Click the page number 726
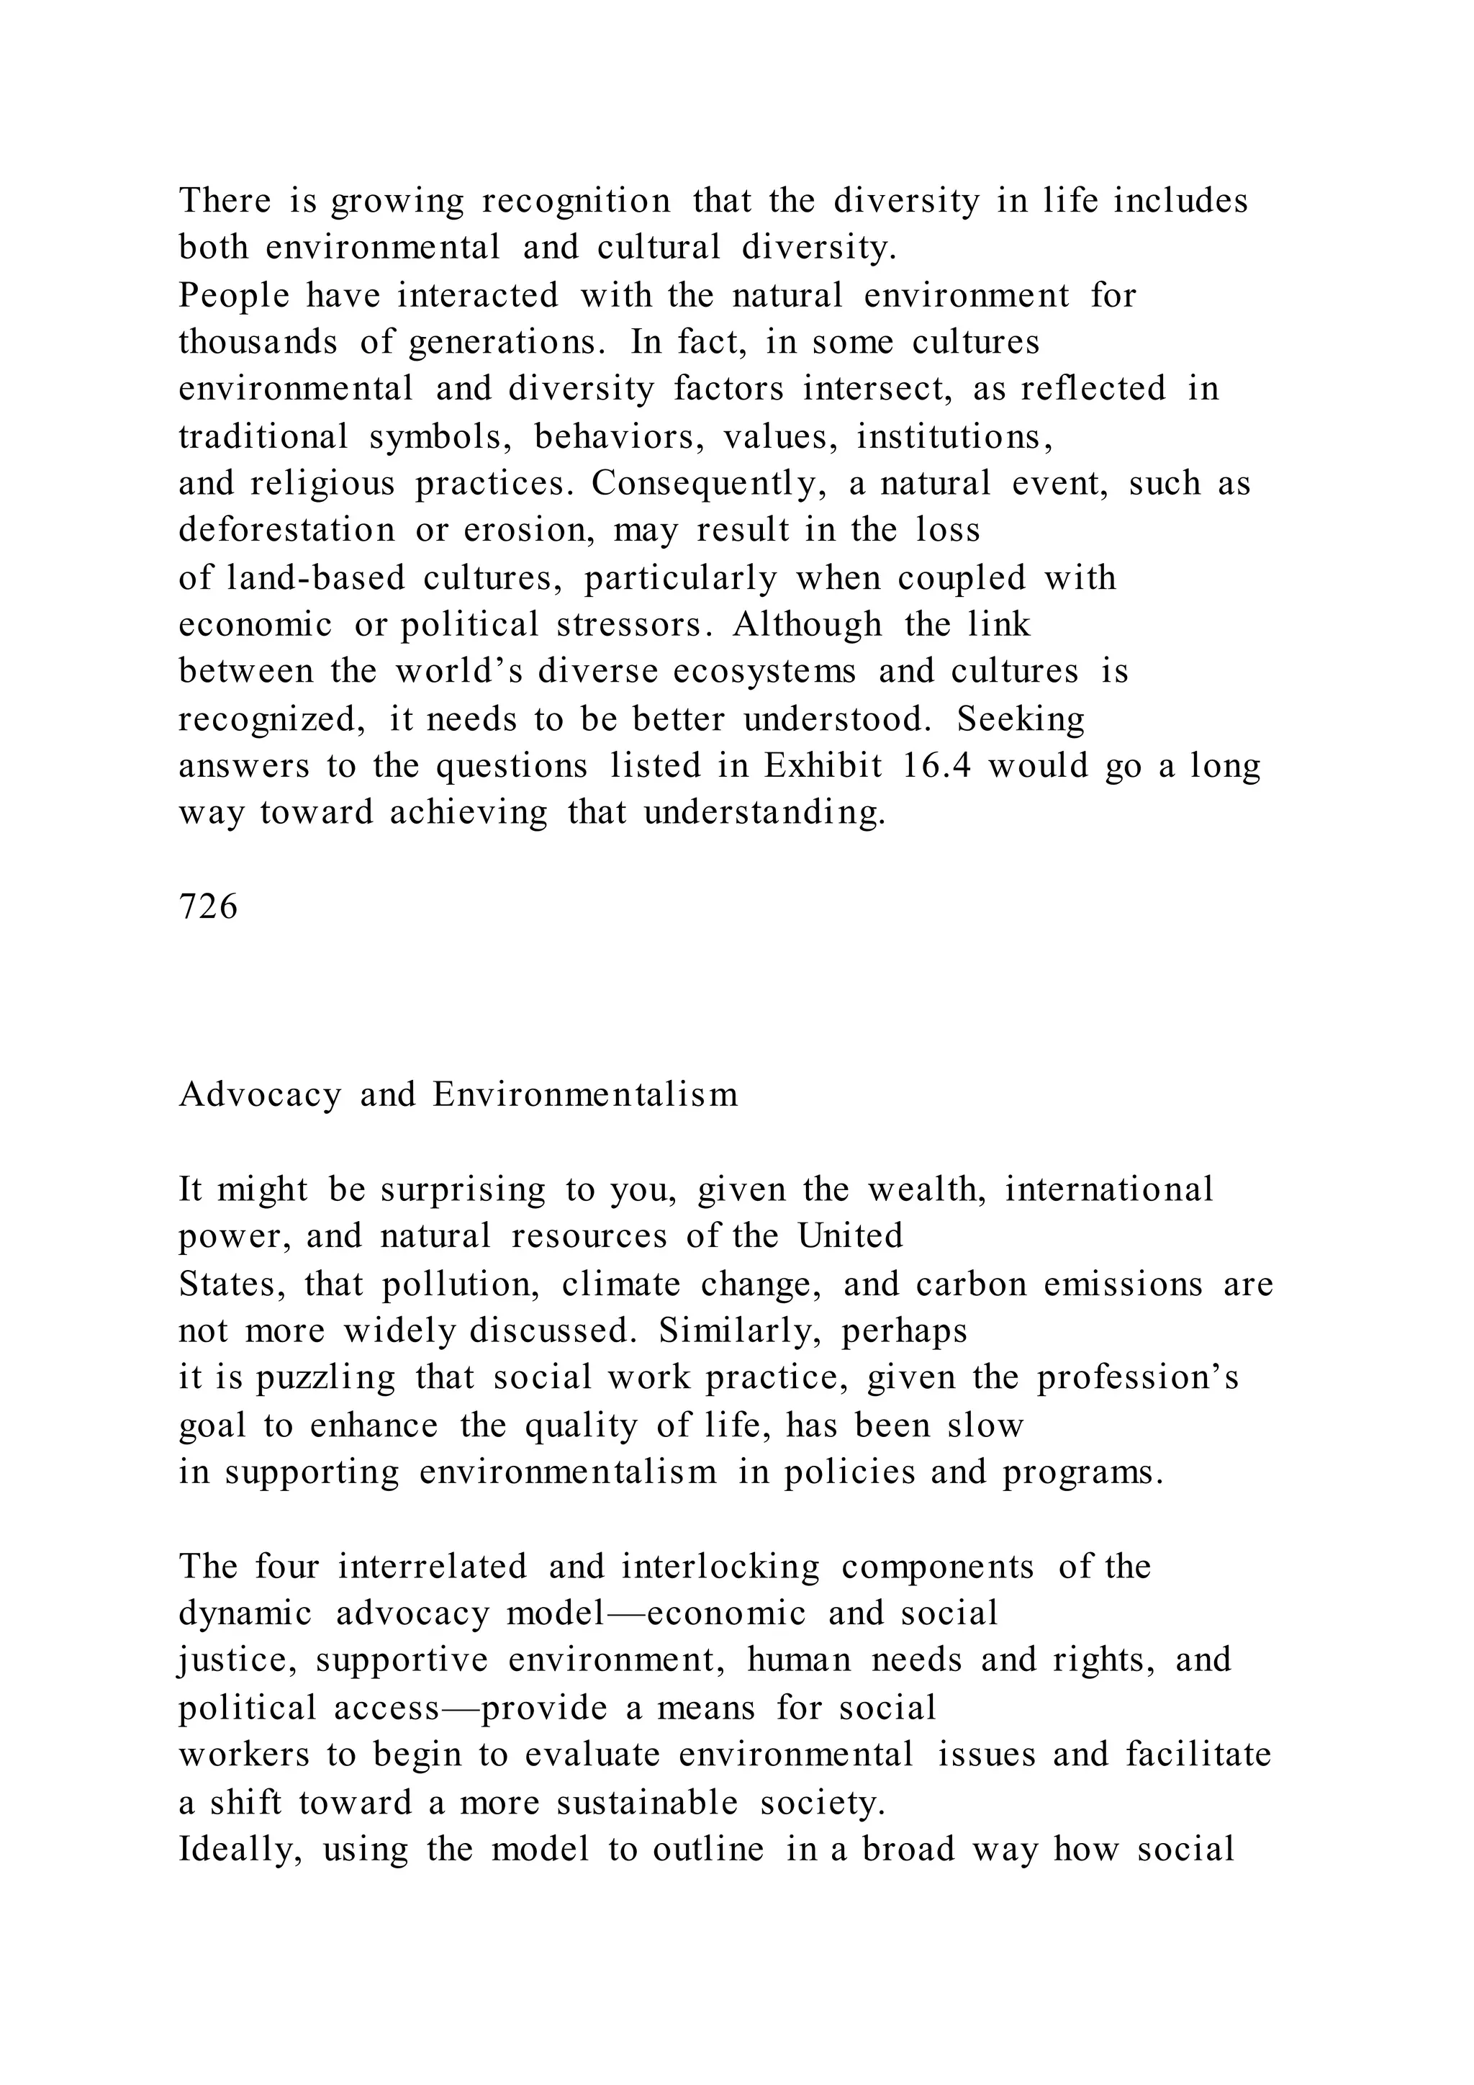pos(209,906)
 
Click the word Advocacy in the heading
pos(260,1095)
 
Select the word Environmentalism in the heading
pos(585,1095)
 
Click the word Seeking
pos(1021,719)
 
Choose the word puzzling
pos(326,1379)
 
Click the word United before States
pos(851,1237)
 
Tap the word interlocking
pos(720,1567)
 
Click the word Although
pos(807,625)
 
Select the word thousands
pos(258,343)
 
